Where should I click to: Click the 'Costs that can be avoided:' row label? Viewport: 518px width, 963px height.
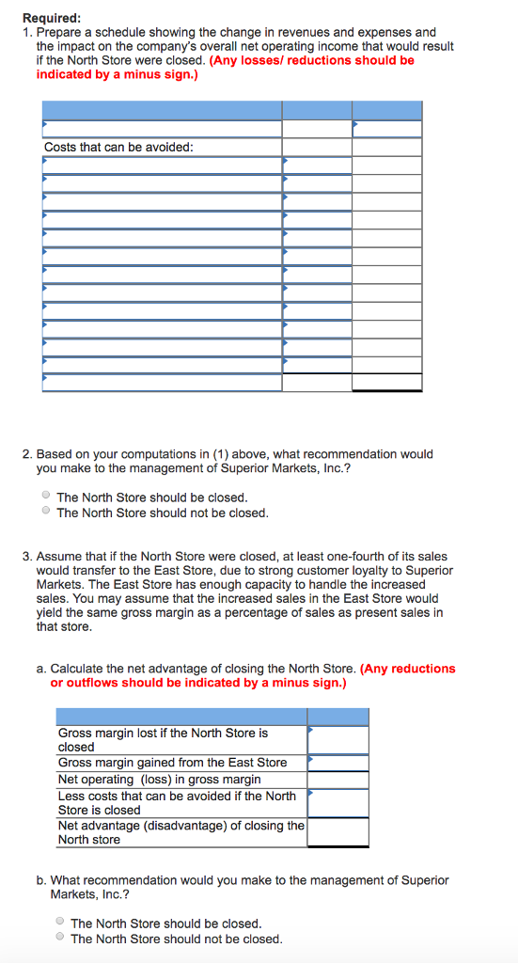click(x=118, y=148)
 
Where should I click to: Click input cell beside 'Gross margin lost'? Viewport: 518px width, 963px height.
click(x=337, y=739)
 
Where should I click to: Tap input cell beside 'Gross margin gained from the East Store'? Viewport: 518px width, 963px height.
click(x=337, y=763)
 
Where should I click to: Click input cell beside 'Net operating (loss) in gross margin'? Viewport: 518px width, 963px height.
click(x=337, y=780)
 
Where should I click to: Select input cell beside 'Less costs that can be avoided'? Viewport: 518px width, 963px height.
click(x=337, y=802)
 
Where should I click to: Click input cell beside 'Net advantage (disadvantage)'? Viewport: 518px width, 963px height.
click(x=337, y=832)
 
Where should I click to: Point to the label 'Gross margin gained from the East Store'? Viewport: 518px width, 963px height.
click(x=172, y=763)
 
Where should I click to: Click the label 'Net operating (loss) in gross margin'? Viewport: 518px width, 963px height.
click(x=159, y=780)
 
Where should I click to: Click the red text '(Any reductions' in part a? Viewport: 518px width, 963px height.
click(x=408, y=669)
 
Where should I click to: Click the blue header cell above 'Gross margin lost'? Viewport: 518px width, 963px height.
click(x=182, y=717)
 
